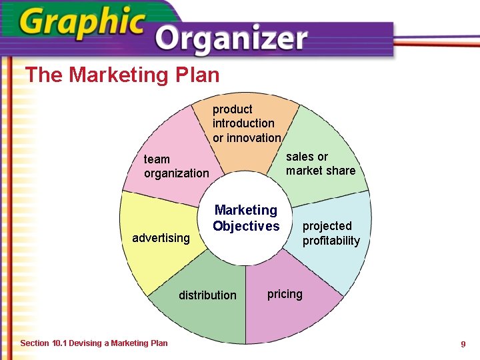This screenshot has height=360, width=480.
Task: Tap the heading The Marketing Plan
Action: [122, 75]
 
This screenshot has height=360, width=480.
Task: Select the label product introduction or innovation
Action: [246, 123]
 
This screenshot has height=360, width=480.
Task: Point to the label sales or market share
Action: [320, 163]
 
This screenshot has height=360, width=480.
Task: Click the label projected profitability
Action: [331, 233]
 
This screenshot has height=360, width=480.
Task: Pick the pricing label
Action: [285, 294]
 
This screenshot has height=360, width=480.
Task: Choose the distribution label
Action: [207, 295]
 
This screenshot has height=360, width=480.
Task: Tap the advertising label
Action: [161, 238]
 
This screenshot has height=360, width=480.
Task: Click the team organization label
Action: [176, 166]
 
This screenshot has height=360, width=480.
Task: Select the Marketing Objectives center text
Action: [246, 218]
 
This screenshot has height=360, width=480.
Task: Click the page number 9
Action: [463, 344]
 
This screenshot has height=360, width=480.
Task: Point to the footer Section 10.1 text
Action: [94, 343]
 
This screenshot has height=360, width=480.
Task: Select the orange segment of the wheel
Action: [247, 157]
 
